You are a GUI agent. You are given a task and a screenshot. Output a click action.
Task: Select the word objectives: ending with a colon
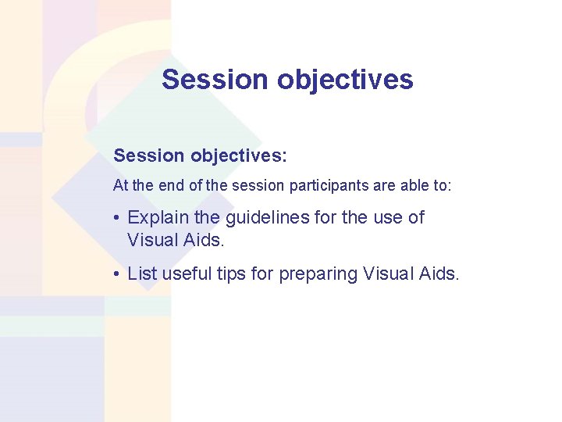(x=239, y=156)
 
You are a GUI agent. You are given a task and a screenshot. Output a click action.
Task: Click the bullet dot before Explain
(x=116, y=218)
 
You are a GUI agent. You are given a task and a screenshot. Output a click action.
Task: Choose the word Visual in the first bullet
(x=151, y=240)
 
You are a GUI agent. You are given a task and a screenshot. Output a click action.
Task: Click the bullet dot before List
(x=116, y=274)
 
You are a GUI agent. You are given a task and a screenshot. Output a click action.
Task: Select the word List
(x=142, y=274)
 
